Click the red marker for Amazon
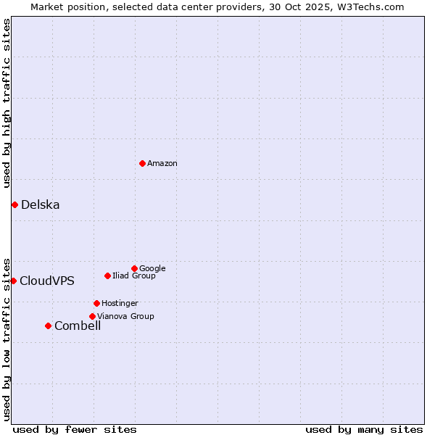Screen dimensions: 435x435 pos(142,163)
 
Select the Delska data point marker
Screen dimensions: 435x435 pos(14,204)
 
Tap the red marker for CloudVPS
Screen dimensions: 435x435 pos(13,281)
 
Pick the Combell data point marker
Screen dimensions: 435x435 pos(48,326)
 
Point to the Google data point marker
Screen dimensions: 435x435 pos(134,268)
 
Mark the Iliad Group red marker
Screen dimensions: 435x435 pos(107,275)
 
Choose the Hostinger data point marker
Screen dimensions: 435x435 pos(96,303)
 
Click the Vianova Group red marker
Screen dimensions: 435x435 pos(92,316)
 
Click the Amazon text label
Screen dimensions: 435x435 pos(162,164)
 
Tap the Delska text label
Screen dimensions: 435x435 pos(41,205)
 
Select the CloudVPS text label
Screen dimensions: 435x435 pos(47,281)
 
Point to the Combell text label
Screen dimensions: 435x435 pos(78,326)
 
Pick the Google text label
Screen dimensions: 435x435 pos(152,269)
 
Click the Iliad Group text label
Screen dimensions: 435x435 pos(134,276)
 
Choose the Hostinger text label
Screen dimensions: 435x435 pos(120,304)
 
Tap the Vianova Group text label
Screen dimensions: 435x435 pos(125,317)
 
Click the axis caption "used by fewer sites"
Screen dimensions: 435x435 pos(75,429)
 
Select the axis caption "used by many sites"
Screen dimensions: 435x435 pos(364,429)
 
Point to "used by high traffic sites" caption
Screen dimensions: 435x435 pos(7,104)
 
